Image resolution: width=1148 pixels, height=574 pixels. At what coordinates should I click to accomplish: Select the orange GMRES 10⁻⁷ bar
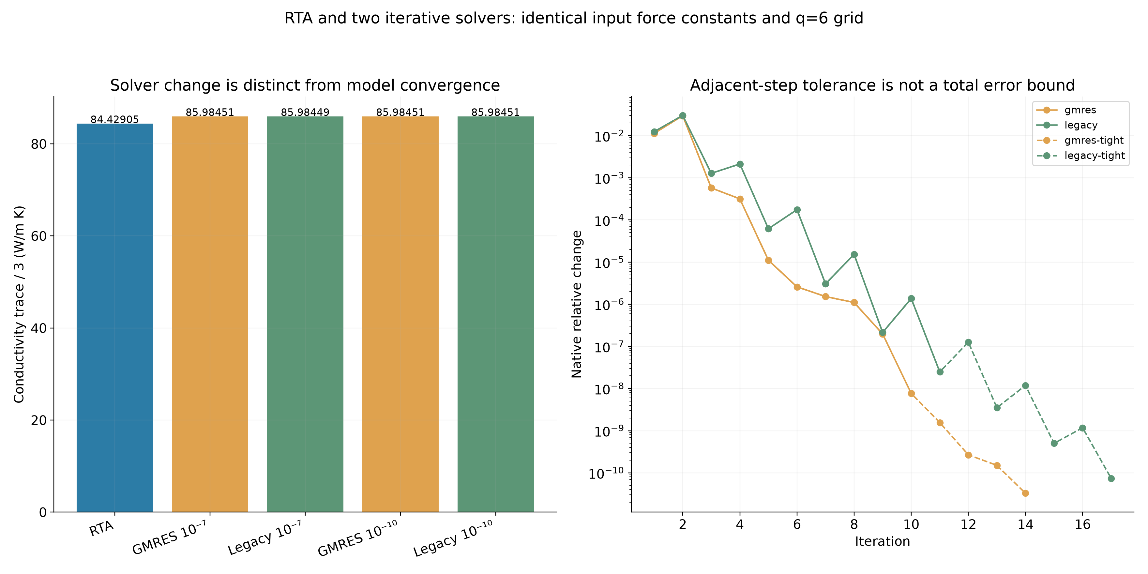[x=210, y=314]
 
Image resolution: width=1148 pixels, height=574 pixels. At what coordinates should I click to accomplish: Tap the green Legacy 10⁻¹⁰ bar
[x=496, y=314]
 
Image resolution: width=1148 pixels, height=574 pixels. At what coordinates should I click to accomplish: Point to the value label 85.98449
[x=305, y=112]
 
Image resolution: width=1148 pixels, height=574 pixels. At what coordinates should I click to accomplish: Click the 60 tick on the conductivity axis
[x=39, y=236]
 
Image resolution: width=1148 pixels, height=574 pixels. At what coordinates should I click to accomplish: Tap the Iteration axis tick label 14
[x=1025, y=524]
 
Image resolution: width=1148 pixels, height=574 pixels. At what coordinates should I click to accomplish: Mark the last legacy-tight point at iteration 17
[x=1111, y=479]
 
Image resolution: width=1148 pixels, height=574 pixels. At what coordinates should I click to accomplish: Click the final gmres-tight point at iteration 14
[x=1025, y=493]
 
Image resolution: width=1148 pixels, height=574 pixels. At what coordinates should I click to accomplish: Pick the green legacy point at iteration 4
[x=740, y=164]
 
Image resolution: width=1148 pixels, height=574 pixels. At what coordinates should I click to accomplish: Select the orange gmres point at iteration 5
[x=768, y=261]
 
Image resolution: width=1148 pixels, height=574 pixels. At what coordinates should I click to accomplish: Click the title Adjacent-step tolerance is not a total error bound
[x=883, y=85]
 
